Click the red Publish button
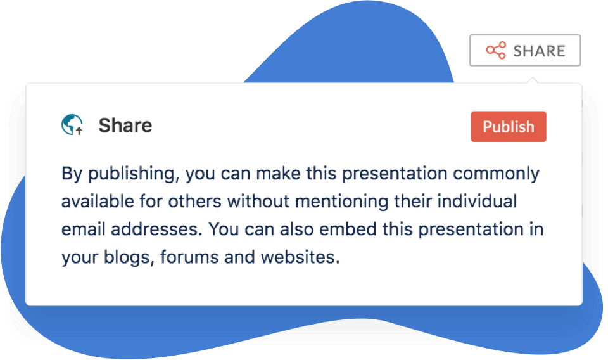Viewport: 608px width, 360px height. click(x=509, y=127)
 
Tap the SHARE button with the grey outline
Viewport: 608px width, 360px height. click(x=525, y=51)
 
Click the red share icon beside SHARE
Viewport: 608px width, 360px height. click(x=496, y=51)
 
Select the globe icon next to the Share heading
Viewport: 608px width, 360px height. click(x=72, y=124)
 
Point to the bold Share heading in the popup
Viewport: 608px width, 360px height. click(x=125, y=125)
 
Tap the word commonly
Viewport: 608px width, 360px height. click(x=496, y=174)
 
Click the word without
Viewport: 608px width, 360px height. click(x=258, y=202)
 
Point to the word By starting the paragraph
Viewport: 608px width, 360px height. click(x=72, y=174)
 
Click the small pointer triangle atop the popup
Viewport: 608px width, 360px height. click(x=533, y=80)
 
